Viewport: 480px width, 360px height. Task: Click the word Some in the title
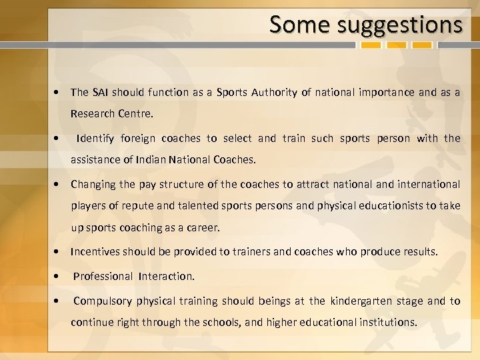300,25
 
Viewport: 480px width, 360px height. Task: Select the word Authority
275,93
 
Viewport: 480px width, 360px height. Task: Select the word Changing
93,183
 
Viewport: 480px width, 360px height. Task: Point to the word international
427,183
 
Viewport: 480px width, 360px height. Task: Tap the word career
204,227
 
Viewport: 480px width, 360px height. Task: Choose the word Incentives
98,252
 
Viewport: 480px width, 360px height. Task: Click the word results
419,252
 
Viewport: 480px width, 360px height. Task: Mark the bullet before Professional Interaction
59,276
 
